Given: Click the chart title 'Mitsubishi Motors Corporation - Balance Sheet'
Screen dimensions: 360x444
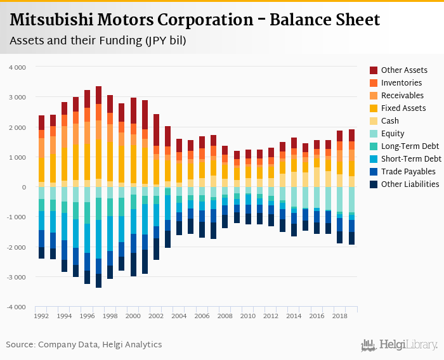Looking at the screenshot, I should point(195,20).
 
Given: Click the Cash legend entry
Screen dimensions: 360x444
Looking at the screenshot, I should point(391,121).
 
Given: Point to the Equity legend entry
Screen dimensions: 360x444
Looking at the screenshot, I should point(393,134).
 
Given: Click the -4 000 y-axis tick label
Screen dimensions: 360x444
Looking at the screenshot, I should point(16,307).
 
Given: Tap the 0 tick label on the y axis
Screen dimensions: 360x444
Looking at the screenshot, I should point(23,188).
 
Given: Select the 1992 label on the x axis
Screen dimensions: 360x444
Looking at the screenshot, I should point(41,316).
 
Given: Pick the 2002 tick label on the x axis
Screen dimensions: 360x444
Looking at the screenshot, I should point(157,316).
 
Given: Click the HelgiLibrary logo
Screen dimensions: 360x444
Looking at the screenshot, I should point(399,345).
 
